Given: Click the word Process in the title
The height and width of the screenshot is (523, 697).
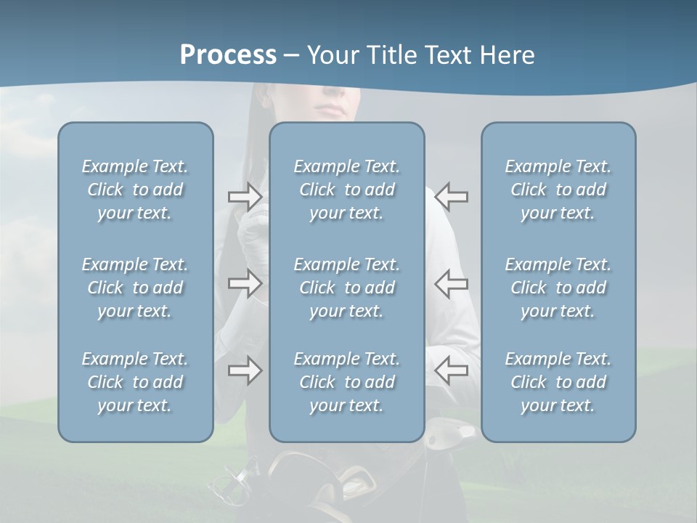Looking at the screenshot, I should pos(228,54).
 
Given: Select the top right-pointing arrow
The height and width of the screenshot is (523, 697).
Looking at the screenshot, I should pos(245,196).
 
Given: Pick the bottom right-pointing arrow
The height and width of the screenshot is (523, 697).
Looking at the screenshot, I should pos(245,370).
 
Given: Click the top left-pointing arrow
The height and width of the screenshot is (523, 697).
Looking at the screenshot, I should pos(451,196).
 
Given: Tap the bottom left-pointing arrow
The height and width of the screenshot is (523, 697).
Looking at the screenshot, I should pos(451,370).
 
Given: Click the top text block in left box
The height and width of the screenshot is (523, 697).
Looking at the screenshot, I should pos(135,190).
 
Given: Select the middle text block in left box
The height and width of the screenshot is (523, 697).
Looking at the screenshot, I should pos(135,288).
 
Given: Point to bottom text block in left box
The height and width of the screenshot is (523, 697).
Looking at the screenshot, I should pos(135,382).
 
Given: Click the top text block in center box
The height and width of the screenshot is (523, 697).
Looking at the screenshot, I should pos(346,190).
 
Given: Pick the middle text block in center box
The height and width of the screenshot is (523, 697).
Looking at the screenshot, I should pos(346,288).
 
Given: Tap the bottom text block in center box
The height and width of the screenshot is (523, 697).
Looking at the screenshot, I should pos(346,382).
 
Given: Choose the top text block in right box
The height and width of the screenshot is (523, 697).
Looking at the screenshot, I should pos(558,190).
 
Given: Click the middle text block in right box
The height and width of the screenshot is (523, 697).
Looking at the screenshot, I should pos(558,288).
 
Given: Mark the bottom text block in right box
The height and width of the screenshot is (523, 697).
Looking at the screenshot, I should pos(558,382).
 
